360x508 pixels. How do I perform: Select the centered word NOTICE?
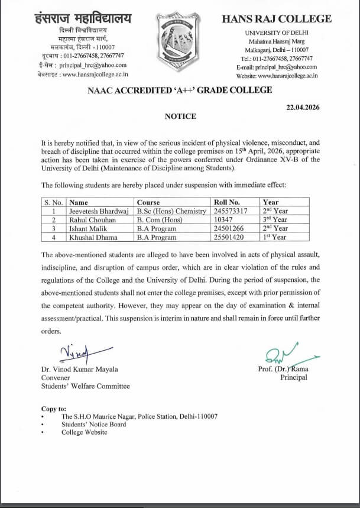180,117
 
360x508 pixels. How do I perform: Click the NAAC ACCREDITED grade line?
180,90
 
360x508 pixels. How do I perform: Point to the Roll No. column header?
226,202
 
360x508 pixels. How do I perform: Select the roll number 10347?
223,219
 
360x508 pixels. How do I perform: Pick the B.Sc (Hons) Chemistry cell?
171,211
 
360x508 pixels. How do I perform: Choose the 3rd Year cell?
275,219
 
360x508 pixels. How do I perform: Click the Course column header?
148,202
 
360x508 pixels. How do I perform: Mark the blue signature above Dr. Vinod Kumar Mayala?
73,354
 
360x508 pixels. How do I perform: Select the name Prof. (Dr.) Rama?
283,369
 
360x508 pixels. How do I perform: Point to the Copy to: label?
54,409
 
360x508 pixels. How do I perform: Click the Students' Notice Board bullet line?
93,424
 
